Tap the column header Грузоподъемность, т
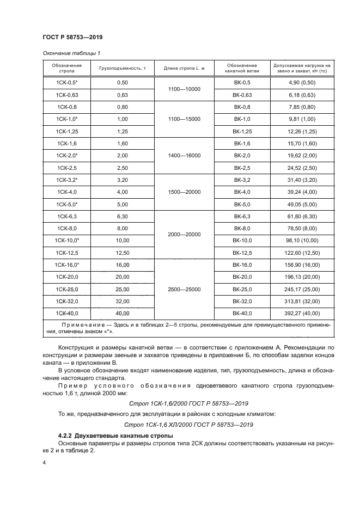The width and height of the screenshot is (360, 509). tap(122, 68)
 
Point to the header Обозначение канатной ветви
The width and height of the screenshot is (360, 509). tap(241, 68)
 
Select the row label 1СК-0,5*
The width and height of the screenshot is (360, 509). tap(67, 82)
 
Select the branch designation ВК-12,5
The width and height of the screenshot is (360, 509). tap(241, 253)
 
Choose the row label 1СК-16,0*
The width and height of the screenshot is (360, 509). tap(67, 265)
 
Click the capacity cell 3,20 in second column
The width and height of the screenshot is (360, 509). tap(122, 180)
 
